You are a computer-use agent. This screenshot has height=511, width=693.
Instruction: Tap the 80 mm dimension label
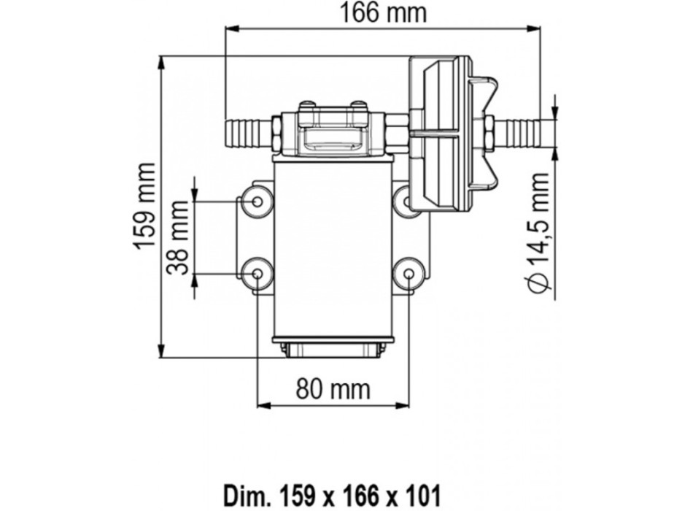pos(333,388)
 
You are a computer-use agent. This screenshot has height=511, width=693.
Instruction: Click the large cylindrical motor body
pos(333,248)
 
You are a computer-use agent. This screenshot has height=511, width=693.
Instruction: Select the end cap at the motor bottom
pos(333,349)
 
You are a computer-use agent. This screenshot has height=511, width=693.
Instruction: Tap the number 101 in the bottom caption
pos(444,488)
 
